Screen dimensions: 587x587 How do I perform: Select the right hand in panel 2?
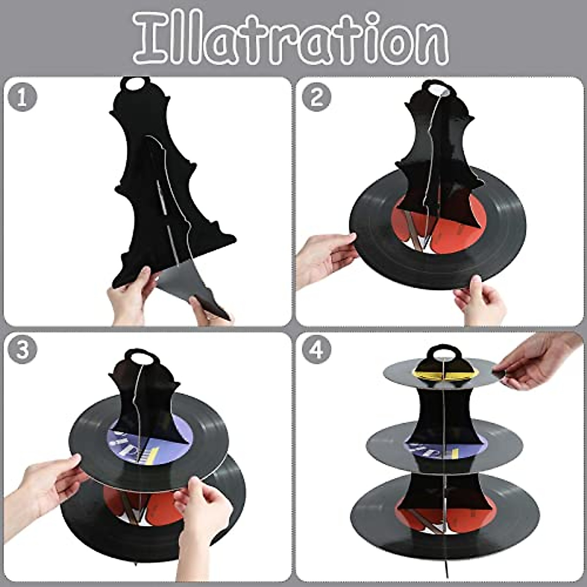pyautogui.click(x=482, y=301)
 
